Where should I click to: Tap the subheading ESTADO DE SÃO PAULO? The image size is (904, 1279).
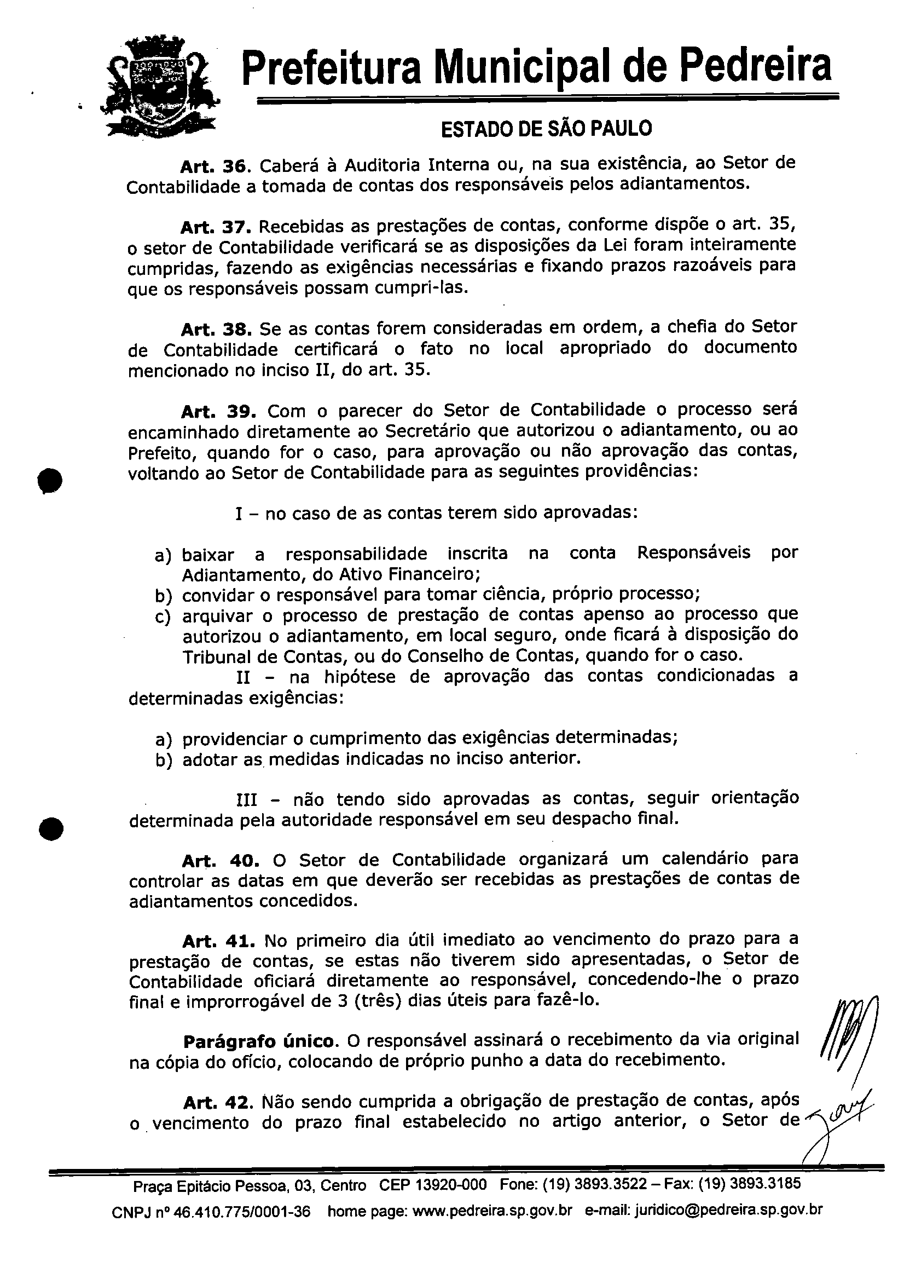point(546,129)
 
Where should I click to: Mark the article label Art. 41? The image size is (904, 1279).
point(219,941)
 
